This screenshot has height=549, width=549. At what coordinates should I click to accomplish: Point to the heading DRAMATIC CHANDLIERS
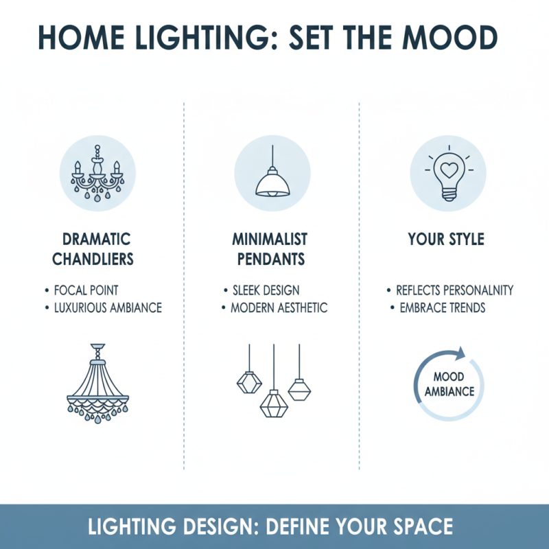(97, 250)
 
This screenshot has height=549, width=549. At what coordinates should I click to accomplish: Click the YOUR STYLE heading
(446, 240)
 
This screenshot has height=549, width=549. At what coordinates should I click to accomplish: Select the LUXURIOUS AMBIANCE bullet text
(108, 307)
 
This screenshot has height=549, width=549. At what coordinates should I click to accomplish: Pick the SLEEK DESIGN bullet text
(265, 290)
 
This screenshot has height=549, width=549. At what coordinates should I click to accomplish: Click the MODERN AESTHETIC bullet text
(279, 307)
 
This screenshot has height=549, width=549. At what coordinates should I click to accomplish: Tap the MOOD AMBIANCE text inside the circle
(449, 384)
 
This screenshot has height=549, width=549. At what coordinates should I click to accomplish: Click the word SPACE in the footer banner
(419, 527)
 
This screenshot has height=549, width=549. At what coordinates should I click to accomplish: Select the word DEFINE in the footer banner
(292, 527)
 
